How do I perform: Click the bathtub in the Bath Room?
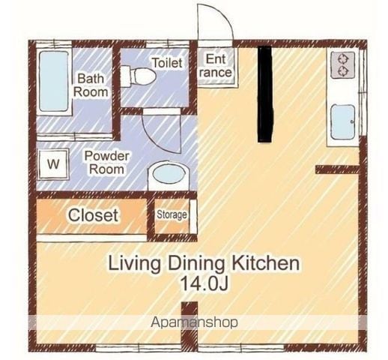pos(54,81)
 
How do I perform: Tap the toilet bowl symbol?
pos(139,76)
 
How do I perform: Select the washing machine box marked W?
pos(53,164)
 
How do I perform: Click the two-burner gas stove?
pos(342,64)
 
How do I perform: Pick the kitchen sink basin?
pos(342,122)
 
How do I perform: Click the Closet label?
pos(93,215)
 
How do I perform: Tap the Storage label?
pos(172,214)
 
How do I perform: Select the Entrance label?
pos(216,66)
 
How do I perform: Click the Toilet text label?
pos(167,62)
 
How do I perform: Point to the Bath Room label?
pos(91,85)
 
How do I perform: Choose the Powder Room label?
pos(107,163)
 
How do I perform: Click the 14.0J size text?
pos(204,283)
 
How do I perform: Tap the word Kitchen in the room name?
pos(266,263)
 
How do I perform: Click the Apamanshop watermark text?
pos(194,322)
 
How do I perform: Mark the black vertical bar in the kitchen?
pos(265,94)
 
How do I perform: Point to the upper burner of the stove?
pos(342,59)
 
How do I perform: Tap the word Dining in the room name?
pos(196,264)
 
